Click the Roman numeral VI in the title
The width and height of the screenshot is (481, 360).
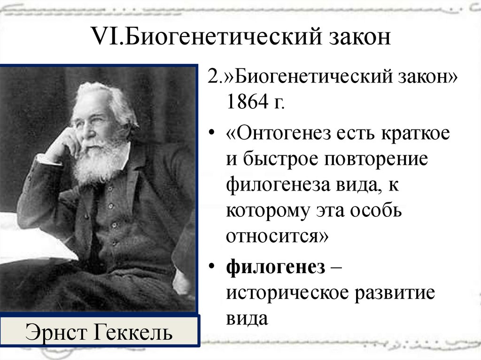click(106, 36)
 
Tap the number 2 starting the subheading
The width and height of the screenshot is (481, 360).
click(213, 77)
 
